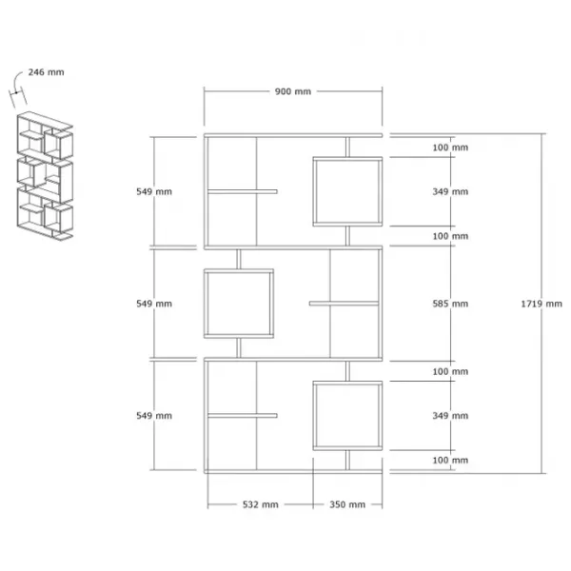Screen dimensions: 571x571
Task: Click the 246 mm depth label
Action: coord(47,72)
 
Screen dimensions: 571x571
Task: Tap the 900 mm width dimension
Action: coord(293,91)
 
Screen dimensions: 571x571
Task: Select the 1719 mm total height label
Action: coord(541,304)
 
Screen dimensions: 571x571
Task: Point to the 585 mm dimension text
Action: coord(450,304)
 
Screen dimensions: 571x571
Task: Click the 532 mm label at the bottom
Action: coord(261,504)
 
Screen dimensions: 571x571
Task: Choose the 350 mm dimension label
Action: coord(347,504)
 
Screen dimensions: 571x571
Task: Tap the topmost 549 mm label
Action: coord(154,191)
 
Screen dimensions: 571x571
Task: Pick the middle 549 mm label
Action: coord(154,304)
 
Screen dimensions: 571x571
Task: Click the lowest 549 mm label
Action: coord(154,416)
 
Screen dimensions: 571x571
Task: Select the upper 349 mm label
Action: coord(450,191)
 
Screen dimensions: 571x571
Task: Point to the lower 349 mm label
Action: coord(450,416)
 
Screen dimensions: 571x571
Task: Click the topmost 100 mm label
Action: coord(450,148)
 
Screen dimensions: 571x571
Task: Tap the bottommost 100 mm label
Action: coord(450,460)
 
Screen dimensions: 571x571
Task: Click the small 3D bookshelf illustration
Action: coord(45,176)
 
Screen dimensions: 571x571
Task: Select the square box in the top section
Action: coord(347,157)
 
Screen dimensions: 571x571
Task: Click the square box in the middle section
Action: coord(239,270)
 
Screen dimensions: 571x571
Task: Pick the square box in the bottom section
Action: coord(347,382)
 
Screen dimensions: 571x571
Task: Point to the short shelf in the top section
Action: coord(243,191)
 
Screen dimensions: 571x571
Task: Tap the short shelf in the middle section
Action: coord(345,304)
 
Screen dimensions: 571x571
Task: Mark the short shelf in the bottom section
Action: coord(243,416)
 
